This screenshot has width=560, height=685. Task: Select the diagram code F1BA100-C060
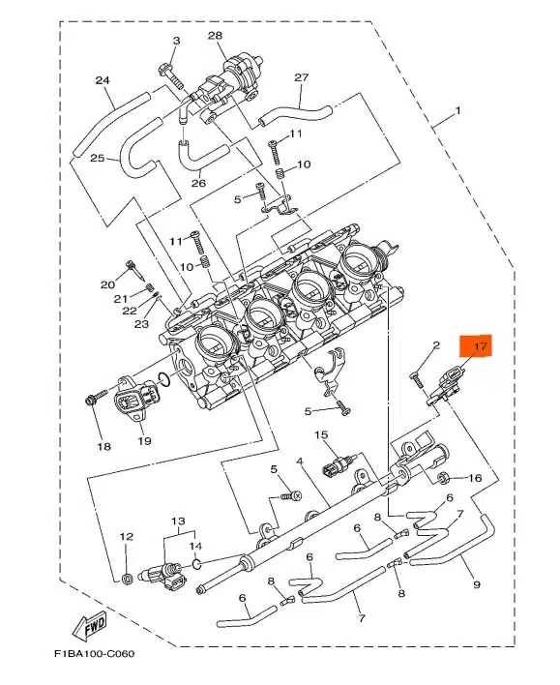click(x=94, y=654)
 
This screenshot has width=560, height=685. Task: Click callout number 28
click(x=215, y=36)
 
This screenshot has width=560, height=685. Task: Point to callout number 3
click(x=176, y=41)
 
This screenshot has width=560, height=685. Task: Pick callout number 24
click(x=103, y=80)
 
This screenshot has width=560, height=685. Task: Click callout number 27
click(x=302, y=77)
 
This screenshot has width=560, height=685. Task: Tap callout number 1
click(x=457, y=111)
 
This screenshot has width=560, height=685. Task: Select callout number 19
click(x=144, y=441)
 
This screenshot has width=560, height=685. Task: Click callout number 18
click(x=103, y=446)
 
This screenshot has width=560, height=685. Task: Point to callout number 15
click(x=321, y=434)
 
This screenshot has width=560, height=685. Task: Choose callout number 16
click(x=475, y=478)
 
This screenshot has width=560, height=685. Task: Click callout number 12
click(x=127, y=536)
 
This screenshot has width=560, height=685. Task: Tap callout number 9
click(x=477, y=584)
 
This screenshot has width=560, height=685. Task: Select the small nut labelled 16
click(x=444, y=478)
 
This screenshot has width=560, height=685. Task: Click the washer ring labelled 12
click(x=127, y=580)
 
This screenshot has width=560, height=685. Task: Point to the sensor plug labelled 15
click(x=338, y=464)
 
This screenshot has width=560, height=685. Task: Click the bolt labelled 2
click(x=417, y=378)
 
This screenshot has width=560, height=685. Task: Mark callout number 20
click(x=107, y=284)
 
